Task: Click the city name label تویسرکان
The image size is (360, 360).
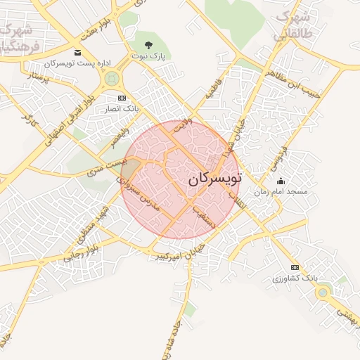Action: pos(214,179)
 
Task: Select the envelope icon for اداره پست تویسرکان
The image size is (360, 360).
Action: pos(77,53)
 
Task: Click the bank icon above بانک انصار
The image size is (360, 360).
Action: pos(122,98)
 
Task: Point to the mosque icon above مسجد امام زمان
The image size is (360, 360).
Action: pos(281,181)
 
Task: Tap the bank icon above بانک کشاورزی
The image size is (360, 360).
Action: pos(295,268)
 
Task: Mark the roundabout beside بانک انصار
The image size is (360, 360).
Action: pos(110,79)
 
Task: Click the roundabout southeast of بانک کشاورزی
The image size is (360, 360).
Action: pos(325,292)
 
